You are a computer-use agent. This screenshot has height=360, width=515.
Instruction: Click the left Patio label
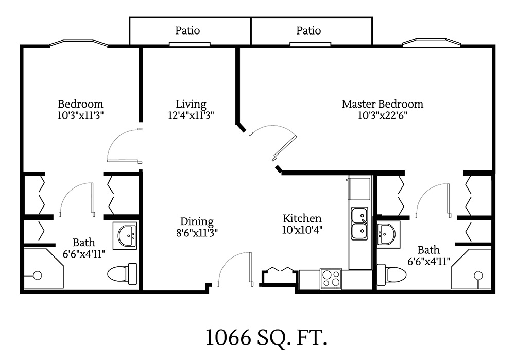coord(187,31)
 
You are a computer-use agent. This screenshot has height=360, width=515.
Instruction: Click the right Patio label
coord(308,31)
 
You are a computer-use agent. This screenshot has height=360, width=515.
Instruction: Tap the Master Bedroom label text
coord(382,104)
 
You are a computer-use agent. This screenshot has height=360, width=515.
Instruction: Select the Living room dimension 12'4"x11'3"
coord(191,116)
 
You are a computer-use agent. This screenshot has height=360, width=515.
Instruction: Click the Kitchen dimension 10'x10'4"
coord(302,230)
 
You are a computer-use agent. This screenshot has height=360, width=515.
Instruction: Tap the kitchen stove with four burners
coord(331,279)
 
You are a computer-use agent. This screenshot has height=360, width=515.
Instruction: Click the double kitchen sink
coord(359,224)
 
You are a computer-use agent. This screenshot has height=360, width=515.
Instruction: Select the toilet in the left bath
coord(123,273)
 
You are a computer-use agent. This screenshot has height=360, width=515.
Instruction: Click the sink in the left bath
coord(127,235)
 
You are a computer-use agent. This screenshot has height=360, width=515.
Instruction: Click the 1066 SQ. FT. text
coord(266,338)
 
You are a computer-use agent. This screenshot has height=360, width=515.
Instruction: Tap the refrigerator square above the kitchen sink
coord(359,188)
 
